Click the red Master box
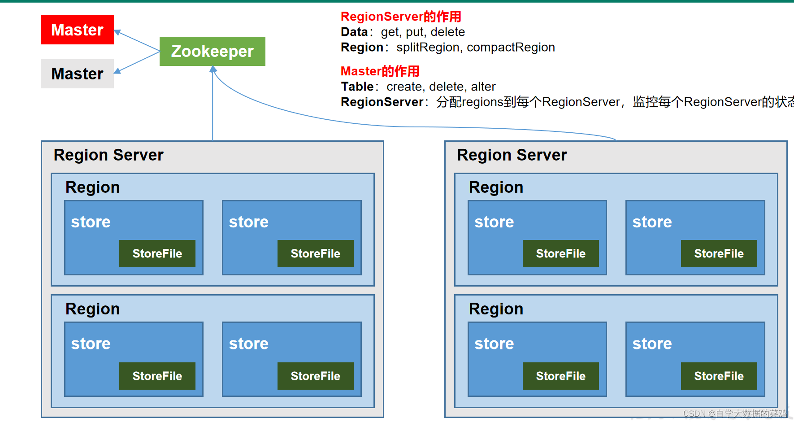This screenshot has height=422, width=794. [77, 30]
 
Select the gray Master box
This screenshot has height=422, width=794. [77, 74]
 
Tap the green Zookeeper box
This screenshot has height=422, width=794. [212, 51]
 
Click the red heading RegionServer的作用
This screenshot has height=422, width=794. [401, 17]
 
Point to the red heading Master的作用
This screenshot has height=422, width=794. [380, 71]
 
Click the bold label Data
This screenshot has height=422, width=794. [354, 32]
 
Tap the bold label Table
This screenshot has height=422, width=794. [357, 87]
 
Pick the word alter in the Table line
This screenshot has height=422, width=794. [483, 87]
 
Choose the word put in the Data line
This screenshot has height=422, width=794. [414, 32]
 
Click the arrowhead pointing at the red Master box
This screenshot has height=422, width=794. [117, 32]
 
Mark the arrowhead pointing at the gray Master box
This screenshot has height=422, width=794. [117, 71]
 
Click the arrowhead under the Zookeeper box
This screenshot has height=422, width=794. [213, 70]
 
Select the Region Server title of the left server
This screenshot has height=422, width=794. [108, 155]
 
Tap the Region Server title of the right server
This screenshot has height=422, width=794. [512, 155]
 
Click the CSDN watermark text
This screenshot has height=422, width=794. [735, 413]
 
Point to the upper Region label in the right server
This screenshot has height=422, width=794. [496, 187]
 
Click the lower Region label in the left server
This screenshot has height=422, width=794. [92, 309]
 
